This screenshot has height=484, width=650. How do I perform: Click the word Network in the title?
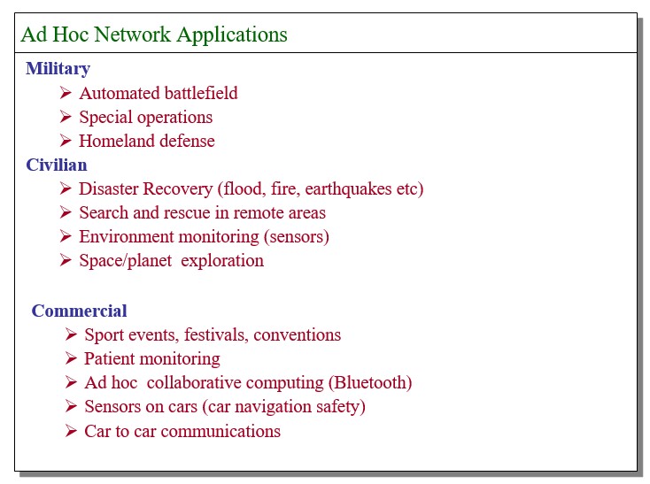tap(132, 34)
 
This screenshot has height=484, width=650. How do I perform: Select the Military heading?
tap(58, 69)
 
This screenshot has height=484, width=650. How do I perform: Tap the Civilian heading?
tap(57, 165)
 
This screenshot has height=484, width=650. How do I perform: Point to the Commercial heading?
tap(79, 311)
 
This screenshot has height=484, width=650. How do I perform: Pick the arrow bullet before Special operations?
tap(66, 116)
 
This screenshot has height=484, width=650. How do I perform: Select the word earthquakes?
tap(349, 189)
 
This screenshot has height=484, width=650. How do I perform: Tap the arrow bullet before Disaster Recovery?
tap(66, 188)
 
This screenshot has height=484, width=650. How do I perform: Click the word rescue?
tap(185, 213)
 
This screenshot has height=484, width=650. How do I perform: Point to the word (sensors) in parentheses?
tap(297, 237)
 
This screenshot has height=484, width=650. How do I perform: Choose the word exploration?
tap(222, 261)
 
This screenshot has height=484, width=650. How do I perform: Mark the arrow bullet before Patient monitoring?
tap(71, 358)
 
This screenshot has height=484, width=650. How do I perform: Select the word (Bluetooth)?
tap(370, 382)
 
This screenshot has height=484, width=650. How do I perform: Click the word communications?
tap(221, 432)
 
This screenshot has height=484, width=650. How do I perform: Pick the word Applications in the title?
tap(232, 35)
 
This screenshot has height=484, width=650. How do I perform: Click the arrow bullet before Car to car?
tap(71, 431)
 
